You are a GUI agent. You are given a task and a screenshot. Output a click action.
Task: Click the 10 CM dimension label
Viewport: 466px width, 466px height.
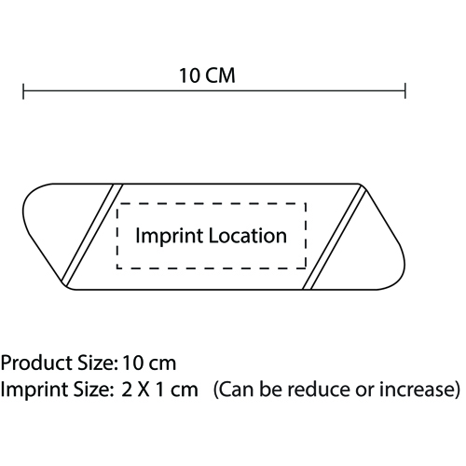click(x=207, y=75)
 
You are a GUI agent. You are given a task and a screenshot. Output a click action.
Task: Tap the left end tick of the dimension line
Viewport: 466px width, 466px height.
click(x=23, y=91)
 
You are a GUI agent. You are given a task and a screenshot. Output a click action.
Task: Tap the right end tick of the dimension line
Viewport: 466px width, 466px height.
click(x=405, y=91)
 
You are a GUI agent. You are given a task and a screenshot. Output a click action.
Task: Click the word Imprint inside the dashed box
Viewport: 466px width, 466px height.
click(x=170, y=236)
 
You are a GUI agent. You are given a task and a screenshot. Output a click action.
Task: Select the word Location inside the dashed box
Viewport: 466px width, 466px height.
click(x=248, y=236)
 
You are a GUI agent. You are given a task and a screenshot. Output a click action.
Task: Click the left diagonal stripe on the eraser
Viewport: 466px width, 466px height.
click(x=92, y=235)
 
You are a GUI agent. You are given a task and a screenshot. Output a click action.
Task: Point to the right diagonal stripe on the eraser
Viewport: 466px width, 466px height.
click(x=335, y=237)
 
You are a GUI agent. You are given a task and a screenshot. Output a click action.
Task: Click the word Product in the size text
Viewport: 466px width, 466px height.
click(x=36, y=363)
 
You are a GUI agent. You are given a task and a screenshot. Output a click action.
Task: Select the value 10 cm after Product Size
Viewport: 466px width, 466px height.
click(x=149, y=363)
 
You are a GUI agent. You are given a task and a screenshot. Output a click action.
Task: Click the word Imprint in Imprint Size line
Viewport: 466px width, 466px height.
click(x=36, y=390)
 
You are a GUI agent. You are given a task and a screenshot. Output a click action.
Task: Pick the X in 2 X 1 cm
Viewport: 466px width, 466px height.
click(x=144, y=390)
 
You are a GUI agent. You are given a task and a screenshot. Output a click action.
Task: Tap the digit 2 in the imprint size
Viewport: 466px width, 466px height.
click(x=127, y=390)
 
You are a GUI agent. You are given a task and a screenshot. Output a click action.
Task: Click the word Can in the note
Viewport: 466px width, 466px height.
click(x=238, y=390)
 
